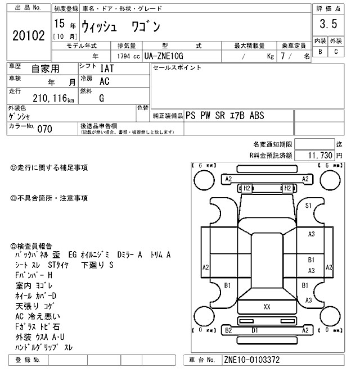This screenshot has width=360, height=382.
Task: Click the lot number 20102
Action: (x=28, y=36)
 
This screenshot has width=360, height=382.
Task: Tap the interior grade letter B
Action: (x=320, y=52)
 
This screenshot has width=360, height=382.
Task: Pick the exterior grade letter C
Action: (x=336, y=52)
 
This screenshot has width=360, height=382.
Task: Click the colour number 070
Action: (x=44, y=129)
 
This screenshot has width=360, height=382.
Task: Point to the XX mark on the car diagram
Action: (x=267, y=306)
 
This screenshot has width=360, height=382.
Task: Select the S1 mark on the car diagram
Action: (x=308, y=206)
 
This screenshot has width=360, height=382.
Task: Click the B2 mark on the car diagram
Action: (x=228, y=330)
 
